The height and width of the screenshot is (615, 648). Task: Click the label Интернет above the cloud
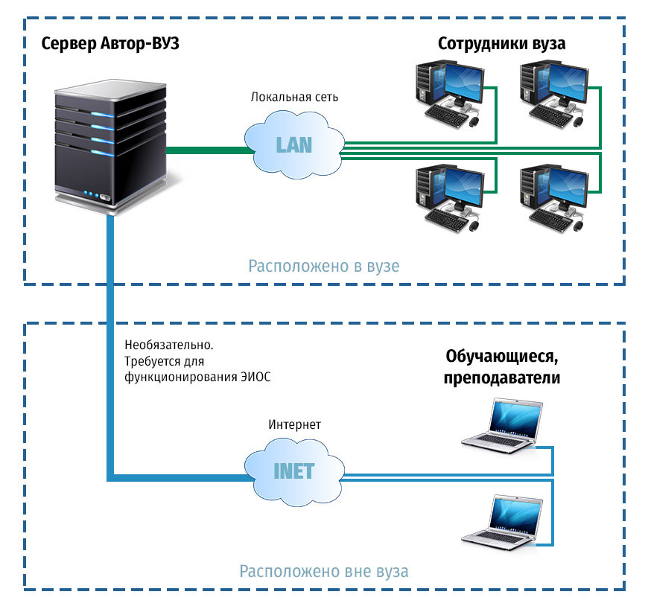tap(295, 424)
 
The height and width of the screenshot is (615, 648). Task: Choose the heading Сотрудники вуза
tap(501, 43)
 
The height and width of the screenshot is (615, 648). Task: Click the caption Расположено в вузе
tap(324, 266)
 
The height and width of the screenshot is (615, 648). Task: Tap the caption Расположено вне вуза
tap(324, 572)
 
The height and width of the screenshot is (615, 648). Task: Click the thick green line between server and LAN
tap(209, 150)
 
